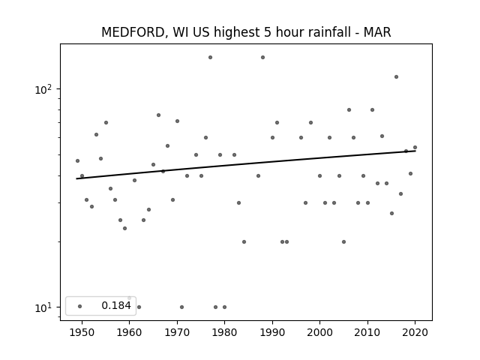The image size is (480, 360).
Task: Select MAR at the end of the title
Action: coord(377,32)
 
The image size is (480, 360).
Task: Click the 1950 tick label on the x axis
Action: coord(82,332)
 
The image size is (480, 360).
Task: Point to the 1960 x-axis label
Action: coord(129,332)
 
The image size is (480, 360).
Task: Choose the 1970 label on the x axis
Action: coord(177,332)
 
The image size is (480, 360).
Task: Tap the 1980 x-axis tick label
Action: coord(224,332)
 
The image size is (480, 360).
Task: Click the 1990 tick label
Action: coord(272,332)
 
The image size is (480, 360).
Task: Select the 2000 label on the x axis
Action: coord(320,332)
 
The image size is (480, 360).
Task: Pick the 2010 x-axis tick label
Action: coord(367,332)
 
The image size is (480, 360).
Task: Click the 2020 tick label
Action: coord(415,332)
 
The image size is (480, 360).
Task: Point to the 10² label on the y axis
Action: coord(43,89)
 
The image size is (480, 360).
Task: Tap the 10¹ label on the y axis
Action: coord(43,307)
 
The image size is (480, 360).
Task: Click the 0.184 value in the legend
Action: coord(116,305)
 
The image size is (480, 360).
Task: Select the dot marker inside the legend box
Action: coord(80,306)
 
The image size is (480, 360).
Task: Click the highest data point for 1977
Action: coord(210,57)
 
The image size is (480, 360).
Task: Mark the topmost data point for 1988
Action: coord(262,57)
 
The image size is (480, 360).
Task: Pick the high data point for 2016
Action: coord(396,76)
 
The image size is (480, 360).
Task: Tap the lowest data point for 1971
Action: coord(181,307)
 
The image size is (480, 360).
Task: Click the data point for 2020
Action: coord(415,147)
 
